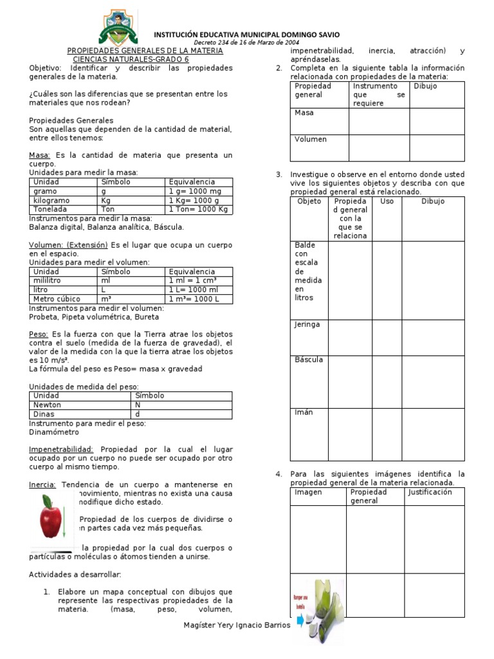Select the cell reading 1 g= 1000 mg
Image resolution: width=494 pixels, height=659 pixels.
199,191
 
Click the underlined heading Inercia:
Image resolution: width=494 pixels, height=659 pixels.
42,485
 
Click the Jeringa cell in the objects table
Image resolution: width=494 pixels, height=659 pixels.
307,325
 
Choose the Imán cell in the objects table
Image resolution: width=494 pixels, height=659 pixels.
304,413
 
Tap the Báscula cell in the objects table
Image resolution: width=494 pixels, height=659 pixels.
309,360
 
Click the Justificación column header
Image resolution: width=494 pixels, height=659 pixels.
430,492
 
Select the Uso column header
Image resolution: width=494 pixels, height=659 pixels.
387,201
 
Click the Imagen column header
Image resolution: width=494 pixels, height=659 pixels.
308,492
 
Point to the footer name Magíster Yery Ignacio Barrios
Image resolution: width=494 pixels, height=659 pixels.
237,625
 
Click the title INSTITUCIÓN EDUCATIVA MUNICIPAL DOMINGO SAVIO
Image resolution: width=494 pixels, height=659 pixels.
246,34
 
